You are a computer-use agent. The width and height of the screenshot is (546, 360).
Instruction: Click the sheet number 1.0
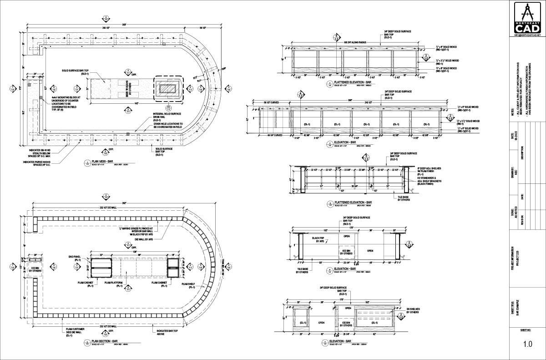527,344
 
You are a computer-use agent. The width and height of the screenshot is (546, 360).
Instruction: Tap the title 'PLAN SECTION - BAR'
105,341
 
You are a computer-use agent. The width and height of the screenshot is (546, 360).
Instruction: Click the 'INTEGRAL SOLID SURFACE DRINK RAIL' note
168,118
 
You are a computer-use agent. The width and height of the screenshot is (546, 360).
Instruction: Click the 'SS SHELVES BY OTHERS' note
414,311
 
